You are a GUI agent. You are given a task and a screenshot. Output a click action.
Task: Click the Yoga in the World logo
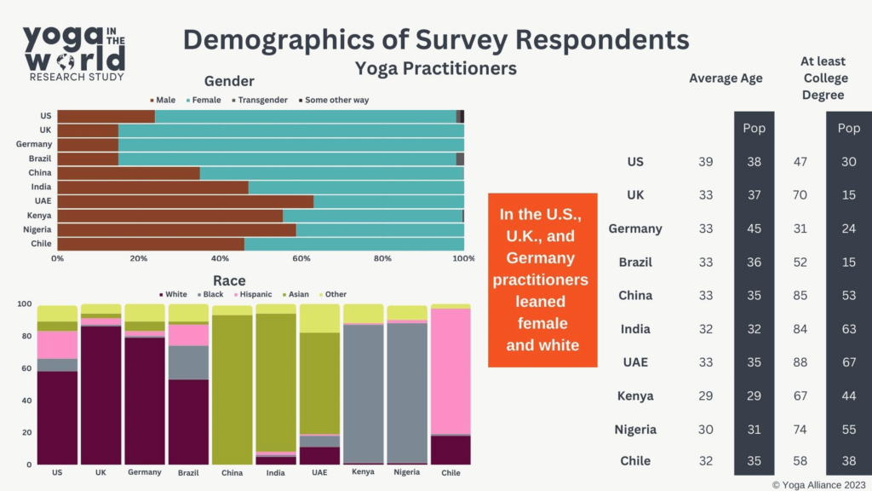tap(74, 52)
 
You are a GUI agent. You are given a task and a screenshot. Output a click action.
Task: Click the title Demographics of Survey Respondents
tap(436, 39)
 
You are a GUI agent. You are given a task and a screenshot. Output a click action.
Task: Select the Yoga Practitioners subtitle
tap(435, 68)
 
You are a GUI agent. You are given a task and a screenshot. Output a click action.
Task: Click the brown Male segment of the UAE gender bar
tap(185, 201)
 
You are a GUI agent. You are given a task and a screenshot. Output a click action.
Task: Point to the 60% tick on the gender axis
tap(301, 257)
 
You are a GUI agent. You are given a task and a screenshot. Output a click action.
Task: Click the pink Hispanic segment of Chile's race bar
tap(450, 371)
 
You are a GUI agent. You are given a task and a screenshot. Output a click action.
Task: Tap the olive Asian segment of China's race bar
tap(232, 389)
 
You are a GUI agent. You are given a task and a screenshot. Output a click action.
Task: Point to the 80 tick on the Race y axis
tap(25, 336)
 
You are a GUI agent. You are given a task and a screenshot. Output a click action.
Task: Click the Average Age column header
tap(726, 78)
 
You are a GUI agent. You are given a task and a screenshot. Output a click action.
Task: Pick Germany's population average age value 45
tap(754, 228)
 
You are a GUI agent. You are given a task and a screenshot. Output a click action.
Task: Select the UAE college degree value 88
tap(800, 362)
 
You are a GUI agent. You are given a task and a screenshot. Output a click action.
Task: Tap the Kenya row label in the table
tap(634, 396)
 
